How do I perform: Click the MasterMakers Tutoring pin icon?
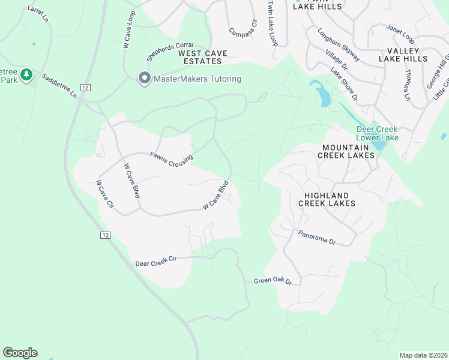144,79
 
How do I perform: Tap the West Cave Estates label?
203,57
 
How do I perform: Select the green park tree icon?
25,74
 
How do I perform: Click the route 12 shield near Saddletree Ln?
86,88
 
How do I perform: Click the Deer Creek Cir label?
155,261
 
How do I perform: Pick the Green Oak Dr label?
272,281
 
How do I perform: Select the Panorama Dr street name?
317,238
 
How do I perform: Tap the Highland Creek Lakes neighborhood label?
327,199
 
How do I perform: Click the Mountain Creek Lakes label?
348,151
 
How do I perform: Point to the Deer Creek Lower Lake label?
377,133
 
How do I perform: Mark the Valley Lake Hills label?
403,55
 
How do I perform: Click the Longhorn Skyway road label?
339,45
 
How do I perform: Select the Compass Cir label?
243,28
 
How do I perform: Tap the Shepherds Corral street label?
170,52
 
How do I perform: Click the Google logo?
20,353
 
